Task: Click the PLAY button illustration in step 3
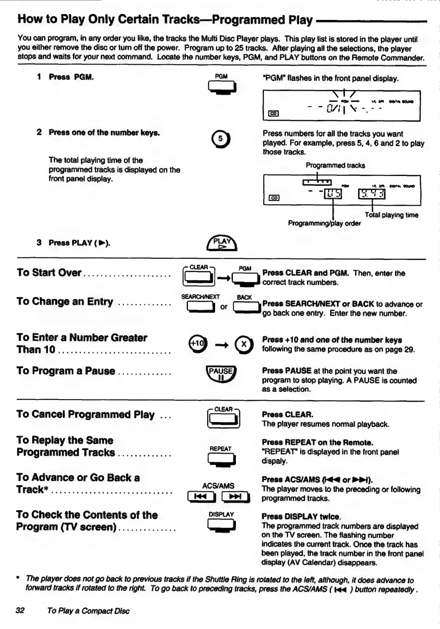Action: click(x=221, y=243)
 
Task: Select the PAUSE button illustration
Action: click(x=221, y=374)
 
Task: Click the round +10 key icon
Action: click(x=197, y=344)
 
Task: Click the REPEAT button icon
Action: click(x=221, y=459)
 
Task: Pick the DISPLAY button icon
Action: click(x=221, y=525)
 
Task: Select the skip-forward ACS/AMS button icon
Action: click(x=236, y=497)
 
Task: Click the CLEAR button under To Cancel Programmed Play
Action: click(x=224, y=419)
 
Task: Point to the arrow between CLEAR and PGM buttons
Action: click(x=223, y=278)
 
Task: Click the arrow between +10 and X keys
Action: click(x=221, y=344)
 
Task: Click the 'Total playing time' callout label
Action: click(x=391, y=215)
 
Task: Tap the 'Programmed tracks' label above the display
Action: click(x=335, y=165)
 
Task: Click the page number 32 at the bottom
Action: click(x=20, y=611)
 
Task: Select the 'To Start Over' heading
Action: click(x=49, y=273)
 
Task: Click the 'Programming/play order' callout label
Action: click(x=324, y=224)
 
